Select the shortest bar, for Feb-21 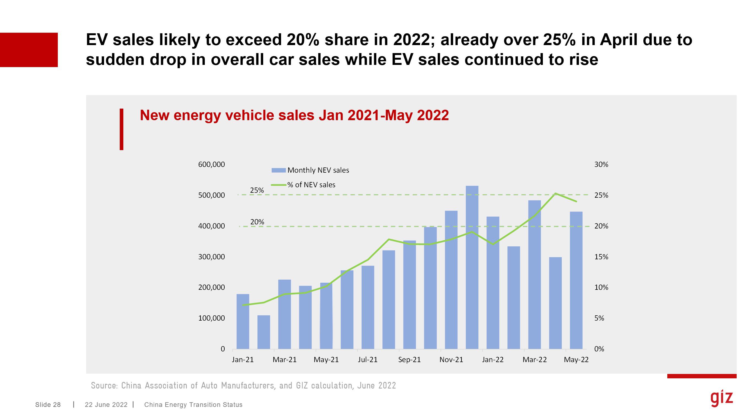point(264,332)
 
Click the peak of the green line point(555,193)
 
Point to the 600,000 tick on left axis point(211,164)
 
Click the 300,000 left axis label point(211,257)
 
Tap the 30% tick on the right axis point(601,164)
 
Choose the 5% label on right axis point(599,318)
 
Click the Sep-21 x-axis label point(409,360)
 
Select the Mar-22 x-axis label point(534,360)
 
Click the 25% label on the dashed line point(257,191)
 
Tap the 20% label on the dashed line point(257,222)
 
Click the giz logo point(721,398)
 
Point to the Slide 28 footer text point(48,405)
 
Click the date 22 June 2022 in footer point(106,405)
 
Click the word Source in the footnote point(104,385)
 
